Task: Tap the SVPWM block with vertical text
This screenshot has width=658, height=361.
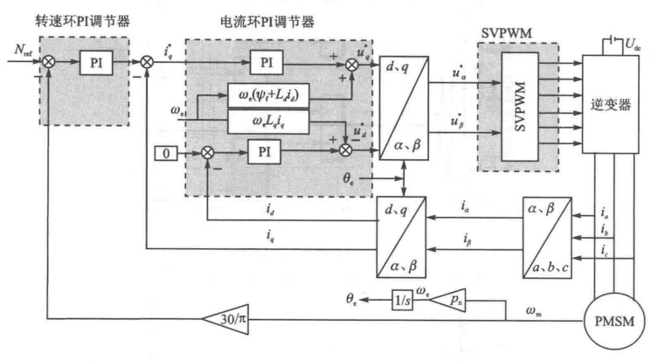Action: tap(520, 104)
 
